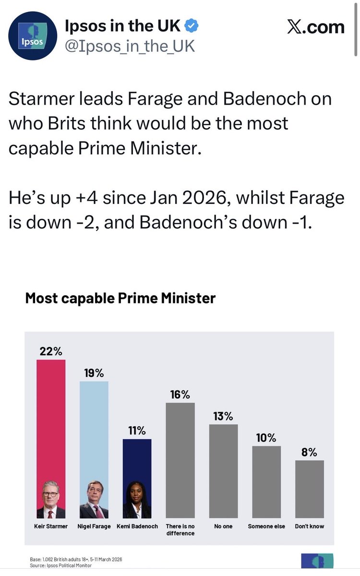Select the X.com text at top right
click(315, 27)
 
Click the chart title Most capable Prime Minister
click(120, 298)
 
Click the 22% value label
click(51, 351)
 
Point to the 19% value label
click(94, 373)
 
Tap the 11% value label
click(137, 431)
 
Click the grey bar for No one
click(223, 470)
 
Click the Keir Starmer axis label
click(51, 527)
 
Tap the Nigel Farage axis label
click(94, 527)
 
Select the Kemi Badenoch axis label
click(137, 527)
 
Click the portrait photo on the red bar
click(51, 499)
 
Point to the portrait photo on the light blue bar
click(94, 499)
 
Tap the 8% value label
click(310, 452)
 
